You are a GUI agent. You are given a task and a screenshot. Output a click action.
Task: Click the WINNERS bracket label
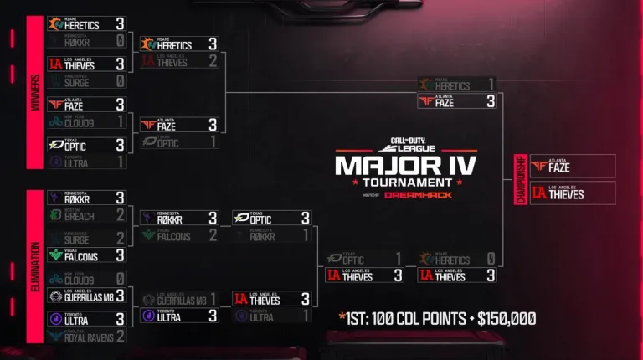(x=36, y=92)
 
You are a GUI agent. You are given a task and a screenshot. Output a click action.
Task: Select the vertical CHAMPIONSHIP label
(x=520, y=179)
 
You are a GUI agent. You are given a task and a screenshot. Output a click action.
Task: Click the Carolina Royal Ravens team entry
(x=87, y=337)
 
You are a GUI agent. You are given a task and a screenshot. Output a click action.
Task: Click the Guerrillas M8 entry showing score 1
(x=179, y=299)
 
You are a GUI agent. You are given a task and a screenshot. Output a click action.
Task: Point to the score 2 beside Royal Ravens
(x=121, y=337)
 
